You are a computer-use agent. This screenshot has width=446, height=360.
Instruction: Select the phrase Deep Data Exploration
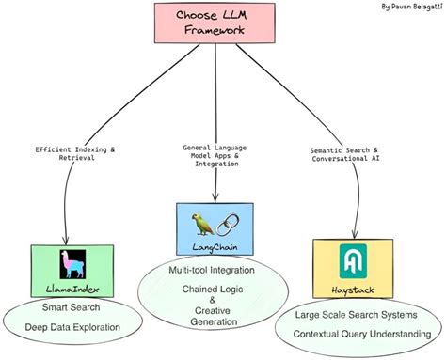pyautogui.click(x=73, y=329)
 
